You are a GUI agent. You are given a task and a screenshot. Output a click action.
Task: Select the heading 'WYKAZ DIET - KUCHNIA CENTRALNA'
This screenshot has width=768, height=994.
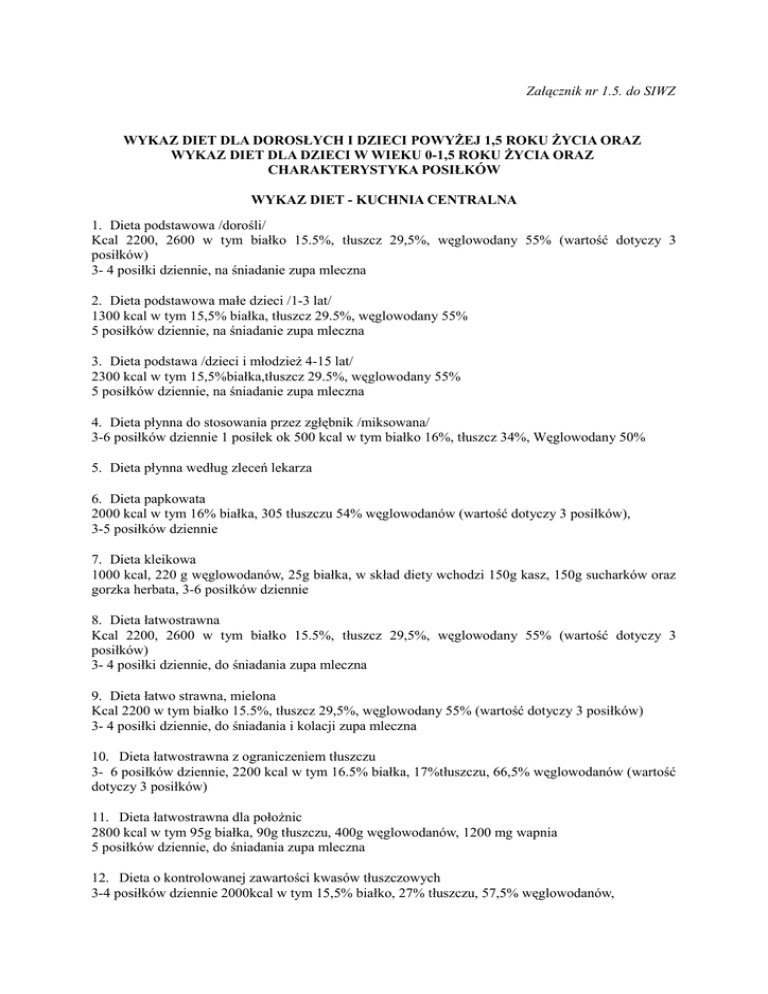(384, 200)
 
